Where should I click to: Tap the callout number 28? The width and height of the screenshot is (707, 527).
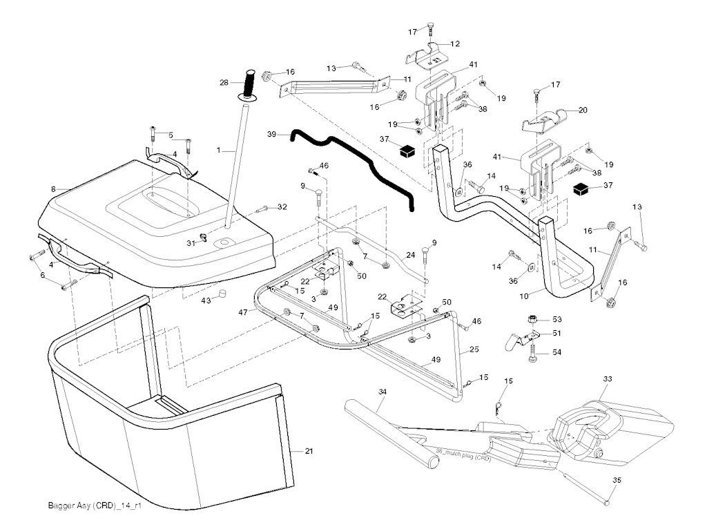(224, 83)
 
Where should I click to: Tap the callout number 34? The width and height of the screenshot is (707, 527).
(383, 392)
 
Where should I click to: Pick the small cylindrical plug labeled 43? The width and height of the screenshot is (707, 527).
(223, 296)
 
